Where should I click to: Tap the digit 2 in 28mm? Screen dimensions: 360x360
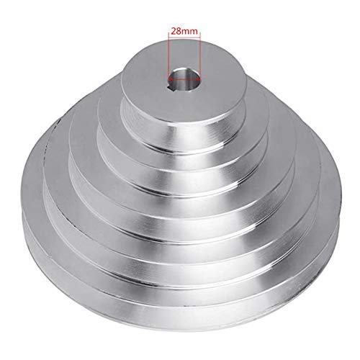[173, 32]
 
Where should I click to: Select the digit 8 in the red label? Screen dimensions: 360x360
[179, 32]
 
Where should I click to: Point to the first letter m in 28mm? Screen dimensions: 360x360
[185, 32]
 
